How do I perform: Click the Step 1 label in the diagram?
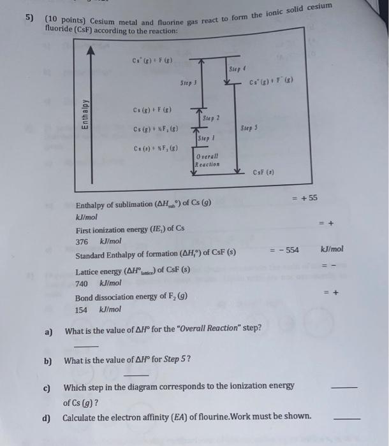click(x=206, y=138)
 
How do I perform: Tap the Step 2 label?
click(x=210, y=119)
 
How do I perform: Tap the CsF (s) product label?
click(x=262, y=173)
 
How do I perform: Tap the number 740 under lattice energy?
click(x=82, y=283)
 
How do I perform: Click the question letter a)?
click(x=48, y=331)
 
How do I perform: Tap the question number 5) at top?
click(x=29, y=18)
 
